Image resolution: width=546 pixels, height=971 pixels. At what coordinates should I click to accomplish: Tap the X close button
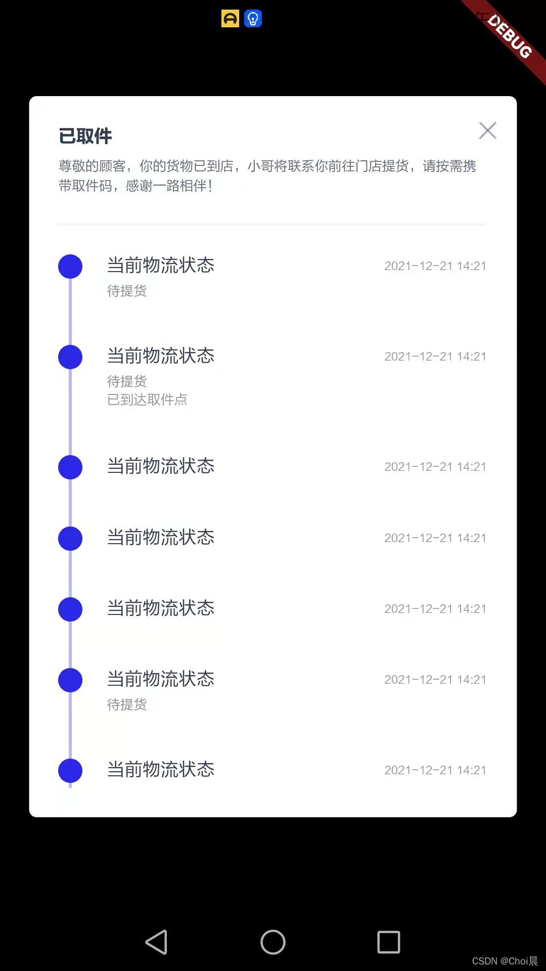tap(487, 130)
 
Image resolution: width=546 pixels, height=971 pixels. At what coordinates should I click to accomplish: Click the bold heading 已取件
tap(85, 136)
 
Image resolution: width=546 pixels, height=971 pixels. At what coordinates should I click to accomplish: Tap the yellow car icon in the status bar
tap(230, 19)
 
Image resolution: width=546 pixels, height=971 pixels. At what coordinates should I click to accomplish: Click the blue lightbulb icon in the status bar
tap(253, 19)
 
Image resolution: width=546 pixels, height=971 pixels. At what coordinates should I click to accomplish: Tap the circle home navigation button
tap(273, 942)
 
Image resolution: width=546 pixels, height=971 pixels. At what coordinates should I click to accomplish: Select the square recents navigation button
tap(389, 942)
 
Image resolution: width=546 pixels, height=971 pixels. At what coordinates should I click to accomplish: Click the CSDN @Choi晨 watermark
tap(505, 961)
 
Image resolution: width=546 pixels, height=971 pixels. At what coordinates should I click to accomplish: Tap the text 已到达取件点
tap(147, 400)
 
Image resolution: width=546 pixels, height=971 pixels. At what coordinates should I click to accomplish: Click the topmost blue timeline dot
tap(70, 267)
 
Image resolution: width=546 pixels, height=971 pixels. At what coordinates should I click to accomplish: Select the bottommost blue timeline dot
tap(70, 771)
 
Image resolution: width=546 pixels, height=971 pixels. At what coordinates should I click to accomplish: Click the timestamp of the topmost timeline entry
tap(435, 266)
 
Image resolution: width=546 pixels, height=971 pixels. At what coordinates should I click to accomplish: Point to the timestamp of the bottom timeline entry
tap(435, 770)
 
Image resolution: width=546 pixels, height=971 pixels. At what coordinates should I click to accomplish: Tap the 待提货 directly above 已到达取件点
tap(127, 381)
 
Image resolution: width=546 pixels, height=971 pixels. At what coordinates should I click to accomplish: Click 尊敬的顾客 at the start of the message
tap(92, 166)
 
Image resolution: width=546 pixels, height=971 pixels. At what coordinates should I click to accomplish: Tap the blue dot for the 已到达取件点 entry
tap(70, 357)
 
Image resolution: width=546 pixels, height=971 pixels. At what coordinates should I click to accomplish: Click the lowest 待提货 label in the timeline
tap(127, 704)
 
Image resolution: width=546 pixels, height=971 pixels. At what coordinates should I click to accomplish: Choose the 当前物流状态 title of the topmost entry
tap(161, 265)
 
